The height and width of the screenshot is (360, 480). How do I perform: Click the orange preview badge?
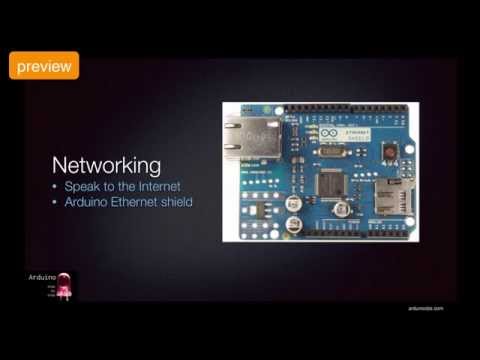tap(44, 66)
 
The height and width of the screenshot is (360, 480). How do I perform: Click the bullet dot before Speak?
tap(56, 187)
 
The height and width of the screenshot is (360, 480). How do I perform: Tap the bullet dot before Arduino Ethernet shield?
tap(56, 202)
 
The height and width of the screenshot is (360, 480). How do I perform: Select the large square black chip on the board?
tap(333, 182)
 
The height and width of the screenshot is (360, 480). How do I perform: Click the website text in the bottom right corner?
tap(425, 308)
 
